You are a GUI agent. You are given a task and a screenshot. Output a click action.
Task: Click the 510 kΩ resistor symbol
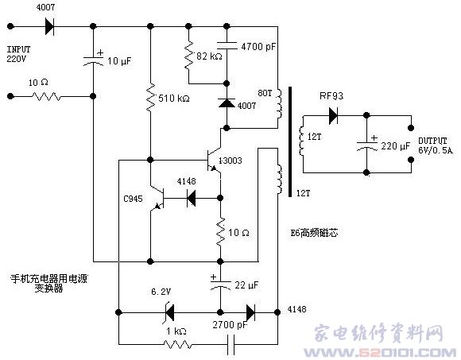150,98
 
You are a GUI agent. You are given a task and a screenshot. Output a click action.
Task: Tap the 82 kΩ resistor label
209,56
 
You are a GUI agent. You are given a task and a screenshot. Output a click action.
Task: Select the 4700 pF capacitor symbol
227,45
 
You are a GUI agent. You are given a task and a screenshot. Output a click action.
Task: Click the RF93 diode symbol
333,115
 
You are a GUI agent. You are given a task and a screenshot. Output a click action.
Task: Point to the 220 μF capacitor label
396,146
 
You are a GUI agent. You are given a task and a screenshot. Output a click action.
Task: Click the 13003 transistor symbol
214,161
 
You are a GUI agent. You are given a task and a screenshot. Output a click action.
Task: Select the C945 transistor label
133,199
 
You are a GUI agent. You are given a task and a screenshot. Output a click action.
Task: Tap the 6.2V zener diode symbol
169,312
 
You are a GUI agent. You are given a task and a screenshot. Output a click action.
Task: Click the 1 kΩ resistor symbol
177,344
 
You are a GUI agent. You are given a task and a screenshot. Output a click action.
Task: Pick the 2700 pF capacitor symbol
230,344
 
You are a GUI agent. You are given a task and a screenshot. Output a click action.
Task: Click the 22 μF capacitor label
246,285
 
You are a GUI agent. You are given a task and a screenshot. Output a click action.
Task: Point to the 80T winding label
265,93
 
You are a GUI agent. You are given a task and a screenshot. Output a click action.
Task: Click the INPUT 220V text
18,54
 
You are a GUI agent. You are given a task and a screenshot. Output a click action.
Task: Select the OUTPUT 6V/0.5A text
436,145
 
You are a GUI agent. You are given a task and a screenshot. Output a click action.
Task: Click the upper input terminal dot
10,26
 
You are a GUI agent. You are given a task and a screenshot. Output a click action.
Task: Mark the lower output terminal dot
411,160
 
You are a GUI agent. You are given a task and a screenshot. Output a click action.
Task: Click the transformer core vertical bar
290,141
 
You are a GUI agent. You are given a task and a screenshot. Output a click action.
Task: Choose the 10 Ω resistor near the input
46,96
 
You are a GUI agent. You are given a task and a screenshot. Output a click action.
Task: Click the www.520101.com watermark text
380,352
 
